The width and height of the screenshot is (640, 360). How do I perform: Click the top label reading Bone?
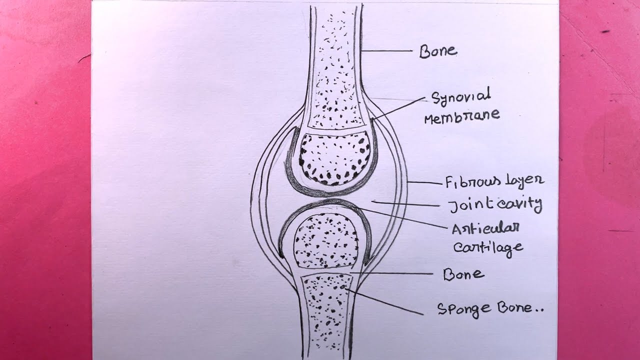(437, 51)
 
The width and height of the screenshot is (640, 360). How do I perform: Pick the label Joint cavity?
(494, 204)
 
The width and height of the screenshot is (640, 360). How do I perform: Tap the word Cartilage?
(487, 247)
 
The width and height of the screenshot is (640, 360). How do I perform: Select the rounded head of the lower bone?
(325, 239)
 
